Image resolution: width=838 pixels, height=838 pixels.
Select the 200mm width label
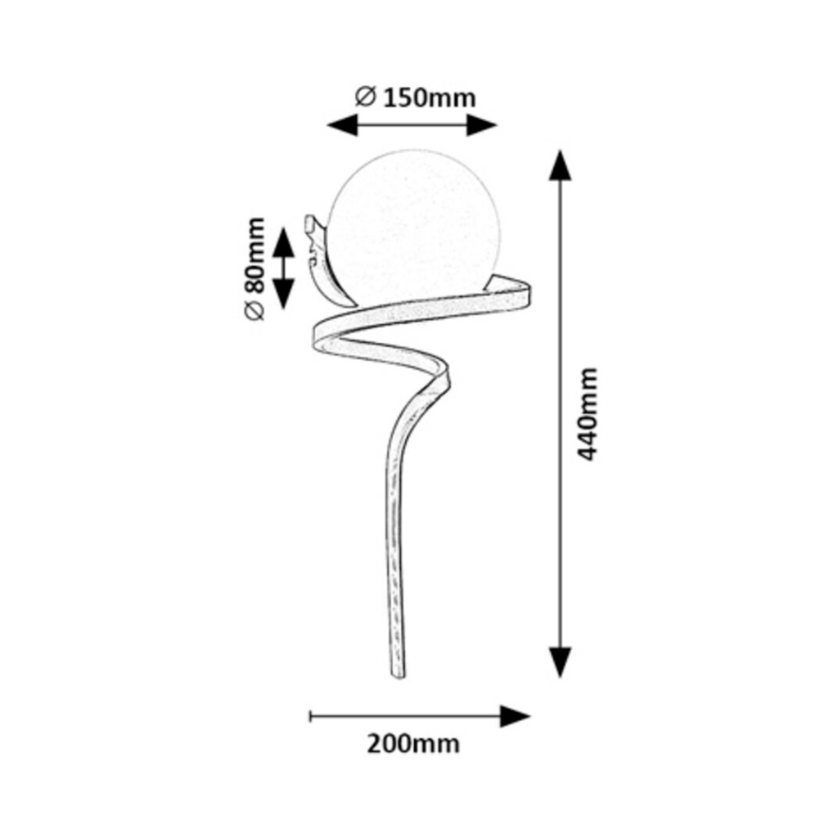tap(413, 744)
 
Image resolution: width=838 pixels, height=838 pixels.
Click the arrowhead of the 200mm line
tap(515, 716)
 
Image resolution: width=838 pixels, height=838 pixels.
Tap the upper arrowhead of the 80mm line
tap(283, 243)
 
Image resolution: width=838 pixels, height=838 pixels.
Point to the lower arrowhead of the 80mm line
tap(283, 292)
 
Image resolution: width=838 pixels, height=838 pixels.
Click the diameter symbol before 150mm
tap(365, 97)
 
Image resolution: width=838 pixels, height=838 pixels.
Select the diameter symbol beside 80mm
tap(255, 312)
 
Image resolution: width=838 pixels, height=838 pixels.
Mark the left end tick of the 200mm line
tap(310, 716)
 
